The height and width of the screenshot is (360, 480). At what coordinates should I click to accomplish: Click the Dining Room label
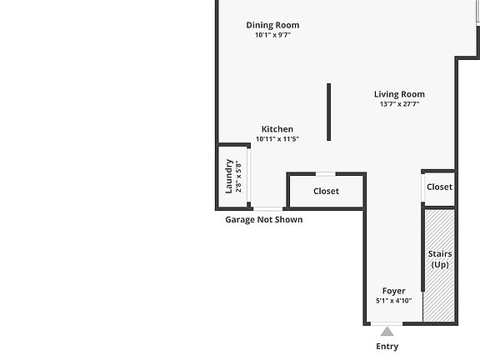tap(272, 25)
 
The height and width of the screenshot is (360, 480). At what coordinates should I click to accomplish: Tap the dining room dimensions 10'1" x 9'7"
tap(272, 35)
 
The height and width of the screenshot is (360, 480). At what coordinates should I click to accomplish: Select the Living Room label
tap(399, 94)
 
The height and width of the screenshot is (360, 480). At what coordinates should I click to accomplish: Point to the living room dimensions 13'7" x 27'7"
tap(399, 104)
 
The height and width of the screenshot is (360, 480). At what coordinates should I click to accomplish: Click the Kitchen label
tap(277, 129)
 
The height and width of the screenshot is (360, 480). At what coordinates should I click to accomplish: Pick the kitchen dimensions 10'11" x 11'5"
tap(277, 139)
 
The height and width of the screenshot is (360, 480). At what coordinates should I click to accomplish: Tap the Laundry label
tap(229, 176)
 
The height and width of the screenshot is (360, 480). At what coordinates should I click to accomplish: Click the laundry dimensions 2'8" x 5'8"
tap(239, 176)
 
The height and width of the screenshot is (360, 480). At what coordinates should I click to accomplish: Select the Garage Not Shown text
tap(264, 219)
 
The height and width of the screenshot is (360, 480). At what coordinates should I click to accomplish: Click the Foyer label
tap(394, 291)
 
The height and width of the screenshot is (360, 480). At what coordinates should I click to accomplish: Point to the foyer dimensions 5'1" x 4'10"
tap(394, 301)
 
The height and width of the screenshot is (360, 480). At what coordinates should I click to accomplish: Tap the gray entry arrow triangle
tap(387, 332)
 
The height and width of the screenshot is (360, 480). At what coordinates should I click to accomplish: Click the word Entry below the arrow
tap(387, 347)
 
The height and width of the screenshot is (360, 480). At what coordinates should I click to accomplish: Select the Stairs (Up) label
tap(440, 259)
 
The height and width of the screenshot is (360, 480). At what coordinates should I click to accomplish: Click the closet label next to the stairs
tap(440, 187)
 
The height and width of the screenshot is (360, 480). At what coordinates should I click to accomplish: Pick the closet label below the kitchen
tap(327, 191)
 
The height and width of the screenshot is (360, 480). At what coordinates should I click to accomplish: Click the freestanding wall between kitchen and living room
tap(329, 112)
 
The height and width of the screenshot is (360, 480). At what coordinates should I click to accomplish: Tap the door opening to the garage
tap(267, 209)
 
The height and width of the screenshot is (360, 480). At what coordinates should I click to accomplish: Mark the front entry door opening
tap(387, 323)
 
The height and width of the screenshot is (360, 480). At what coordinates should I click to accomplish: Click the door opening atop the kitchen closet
tap(326, 174)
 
